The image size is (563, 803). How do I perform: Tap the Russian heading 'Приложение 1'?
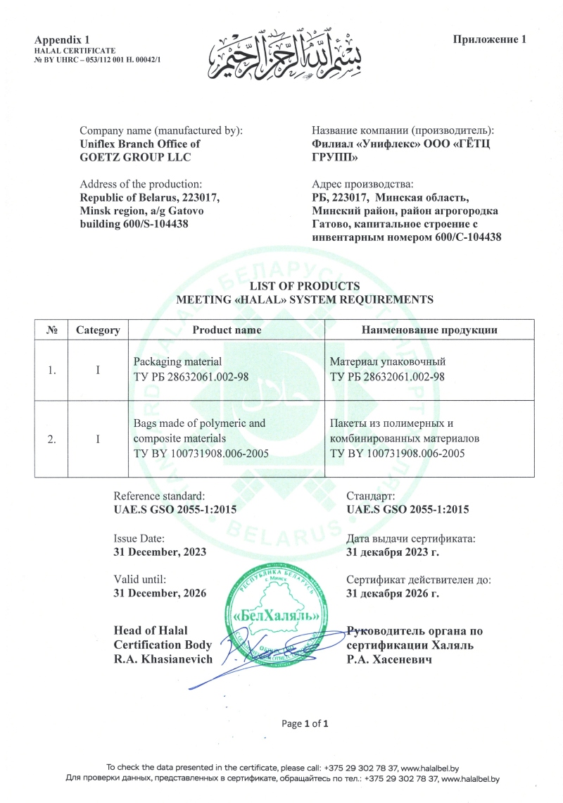489,39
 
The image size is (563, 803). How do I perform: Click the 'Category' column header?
98,330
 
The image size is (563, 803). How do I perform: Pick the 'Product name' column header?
227,330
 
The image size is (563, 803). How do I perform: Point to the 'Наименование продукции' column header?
429,330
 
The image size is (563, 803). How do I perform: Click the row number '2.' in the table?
51,439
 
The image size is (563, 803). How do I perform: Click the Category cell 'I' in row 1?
98,370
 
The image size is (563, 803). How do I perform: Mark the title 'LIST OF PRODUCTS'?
305,286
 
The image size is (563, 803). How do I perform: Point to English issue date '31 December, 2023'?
160,552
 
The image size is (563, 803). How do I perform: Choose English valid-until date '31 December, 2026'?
160,593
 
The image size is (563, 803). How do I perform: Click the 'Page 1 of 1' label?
305,723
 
